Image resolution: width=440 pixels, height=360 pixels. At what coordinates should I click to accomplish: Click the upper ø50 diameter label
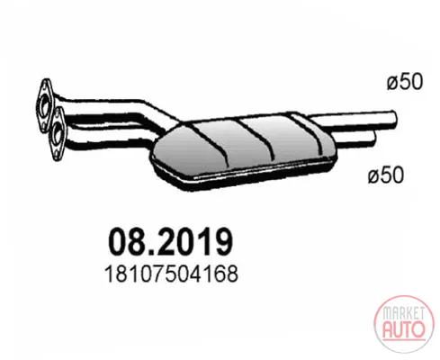405,82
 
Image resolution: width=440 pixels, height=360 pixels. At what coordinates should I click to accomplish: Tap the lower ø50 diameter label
386,175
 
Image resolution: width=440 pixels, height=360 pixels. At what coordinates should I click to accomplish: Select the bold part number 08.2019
170,242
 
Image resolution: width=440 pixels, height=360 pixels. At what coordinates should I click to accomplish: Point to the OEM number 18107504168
171,274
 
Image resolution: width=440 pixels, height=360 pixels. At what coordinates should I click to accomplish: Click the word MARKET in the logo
404,313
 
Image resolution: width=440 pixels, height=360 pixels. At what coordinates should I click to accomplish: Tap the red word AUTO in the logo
404,329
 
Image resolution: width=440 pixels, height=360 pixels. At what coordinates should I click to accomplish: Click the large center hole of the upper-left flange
45,105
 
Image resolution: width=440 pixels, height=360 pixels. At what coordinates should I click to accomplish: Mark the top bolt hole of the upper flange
46,85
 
